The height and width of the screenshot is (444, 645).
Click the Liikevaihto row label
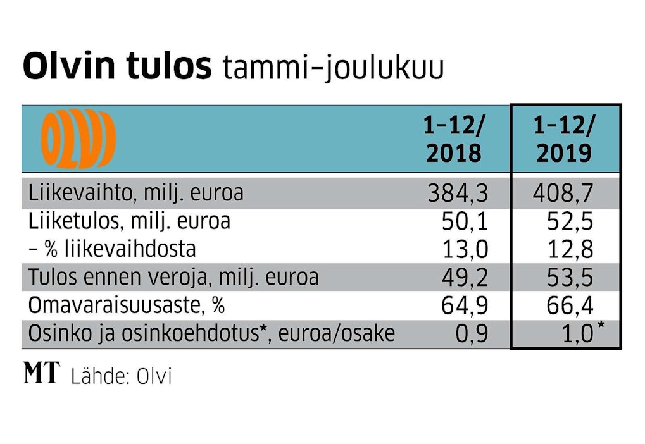(x=135, y=192)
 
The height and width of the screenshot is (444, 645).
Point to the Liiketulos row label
(x=129, y=221)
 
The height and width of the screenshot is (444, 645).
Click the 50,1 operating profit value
(x=465, y=222)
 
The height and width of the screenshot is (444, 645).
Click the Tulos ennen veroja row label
(x=173, y=277)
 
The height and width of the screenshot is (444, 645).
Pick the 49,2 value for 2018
(x=465, y=278)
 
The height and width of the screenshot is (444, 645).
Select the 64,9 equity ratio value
(x=465, y=306)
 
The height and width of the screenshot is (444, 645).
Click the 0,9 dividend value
(x=472, y=334)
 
